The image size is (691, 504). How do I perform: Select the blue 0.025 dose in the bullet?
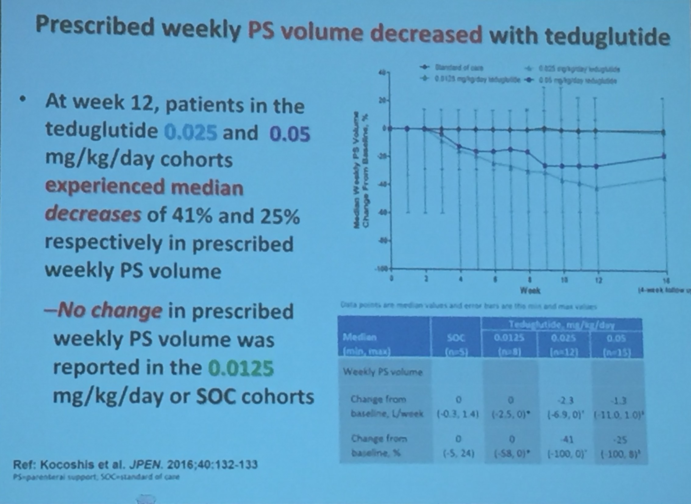[x=191, y=132]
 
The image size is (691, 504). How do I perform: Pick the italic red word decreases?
[x=93, y=215]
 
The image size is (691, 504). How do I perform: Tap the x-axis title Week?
[x=530, y=291]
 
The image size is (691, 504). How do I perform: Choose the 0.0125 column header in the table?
[x=509, y=338]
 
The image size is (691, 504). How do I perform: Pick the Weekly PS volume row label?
[x=383, y=372]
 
